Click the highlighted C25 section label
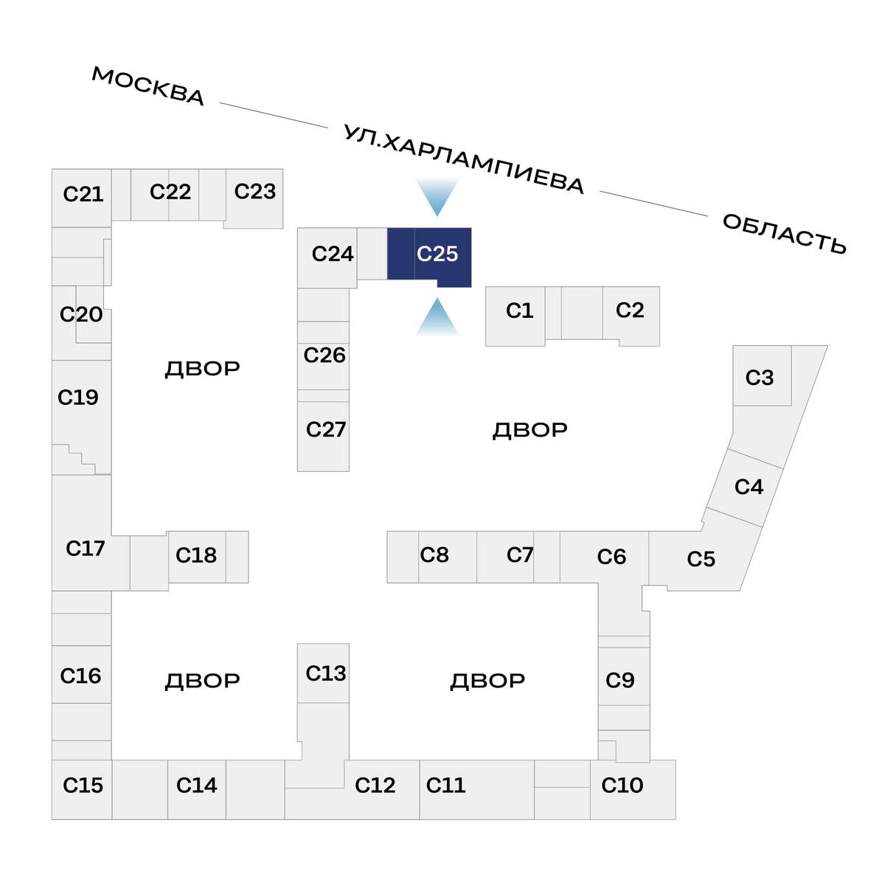437,254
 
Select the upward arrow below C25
437,317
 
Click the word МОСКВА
148,86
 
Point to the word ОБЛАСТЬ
784,234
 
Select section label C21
83,194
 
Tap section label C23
255,192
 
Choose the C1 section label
519,310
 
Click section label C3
760,378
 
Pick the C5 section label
701,559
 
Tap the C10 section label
622,785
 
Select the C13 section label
326,673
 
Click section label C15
83,785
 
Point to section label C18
196,555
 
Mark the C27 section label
326,429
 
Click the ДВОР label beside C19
202,369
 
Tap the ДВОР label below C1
530,430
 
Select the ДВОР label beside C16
202,681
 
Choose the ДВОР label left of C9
487,681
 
